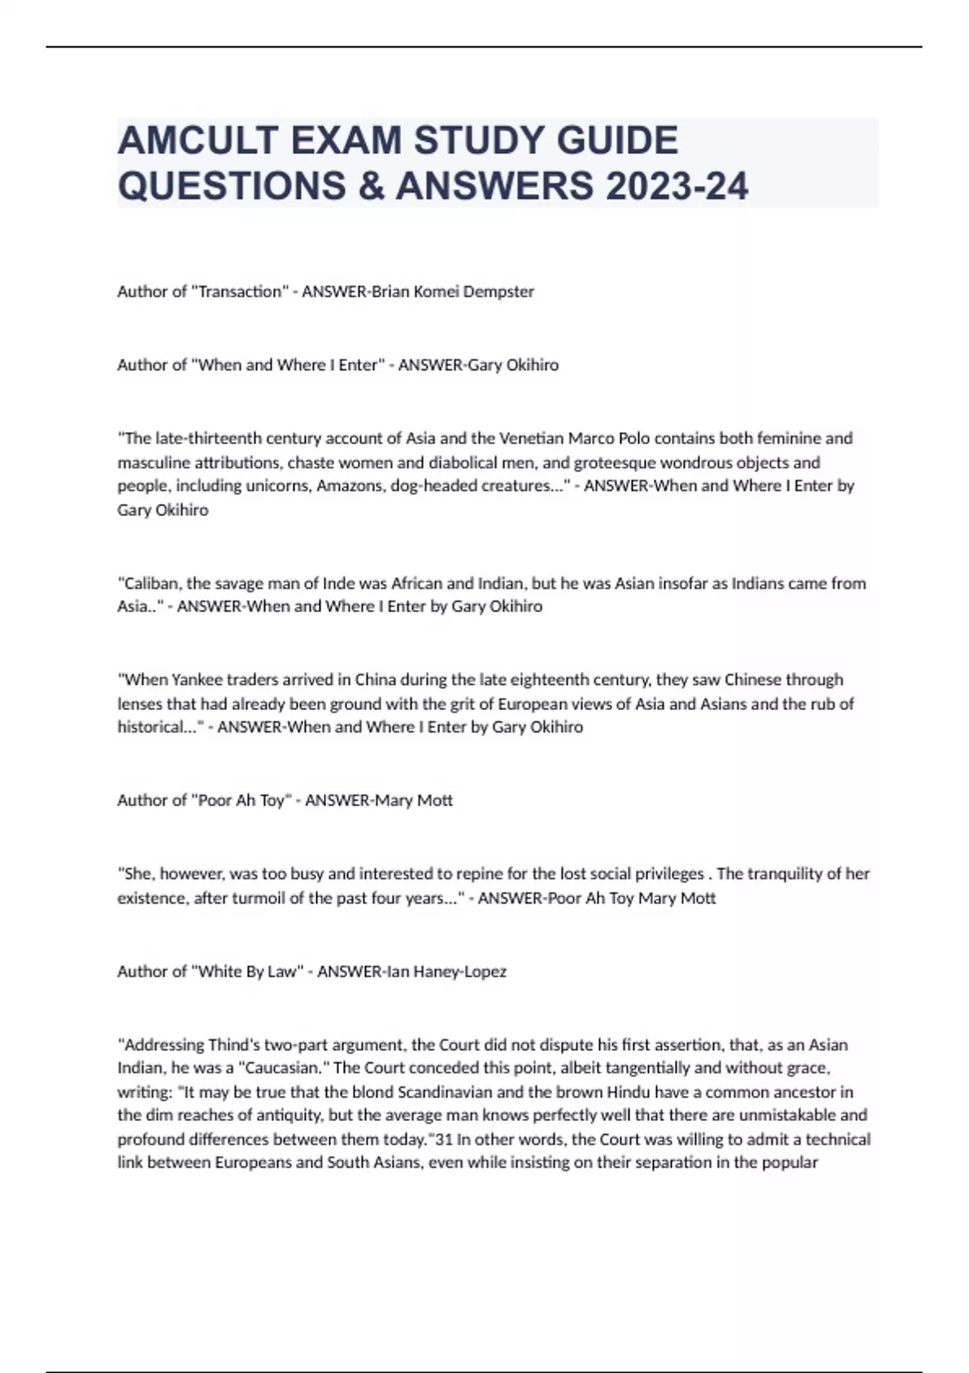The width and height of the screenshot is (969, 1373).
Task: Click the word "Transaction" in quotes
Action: click(x=240, y=292)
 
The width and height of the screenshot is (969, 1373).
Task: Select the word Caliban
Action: click(x=148, y=583)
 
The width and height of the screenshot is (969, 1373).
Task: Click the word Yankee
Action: click(x=195, y=679)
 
